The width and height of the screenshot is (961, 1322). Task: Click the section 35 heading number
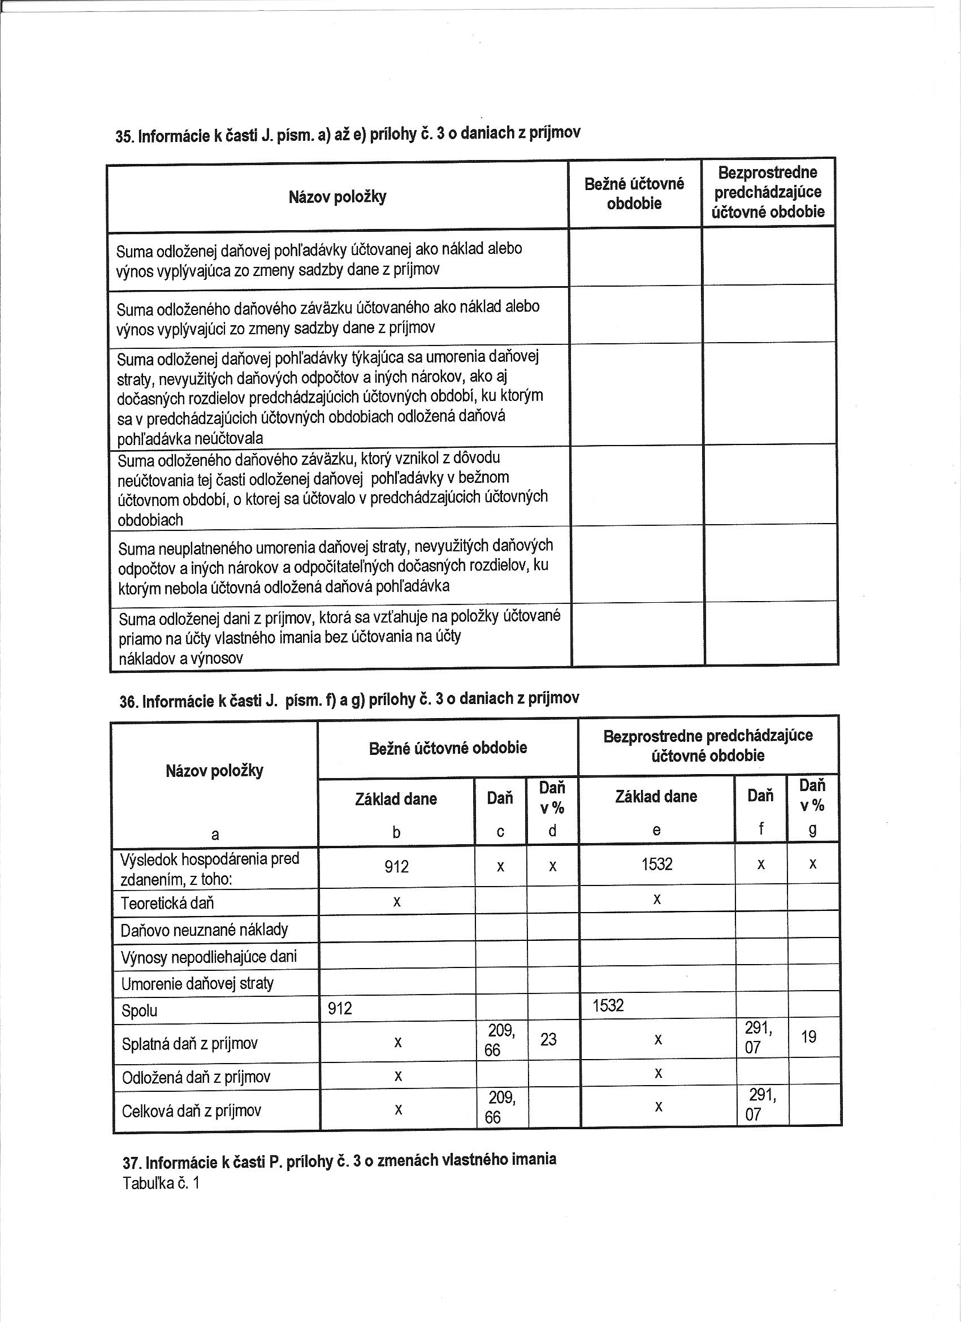[x=124, y=137]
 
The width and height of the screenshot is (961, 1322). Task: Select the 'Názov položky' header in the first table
[x=337, y=197]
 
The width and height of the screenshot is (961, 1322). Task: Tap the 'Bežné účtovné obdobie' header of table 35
[x=634, y=193]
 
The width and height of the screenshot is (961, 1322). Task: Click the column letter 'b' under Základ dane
[x=396, y=833]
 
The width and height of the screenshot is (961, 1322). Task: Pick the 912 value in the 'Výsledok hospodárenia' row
[x=396, y=867]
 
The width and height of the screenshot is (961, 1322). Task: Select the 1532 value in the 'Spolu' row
[x=608, y=1005]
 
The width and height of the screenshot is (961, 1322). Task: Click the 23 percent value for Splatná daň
[x=548, y=1039]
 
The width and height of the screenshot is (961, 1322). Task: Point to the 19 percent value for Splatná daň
[x=809, y=1037]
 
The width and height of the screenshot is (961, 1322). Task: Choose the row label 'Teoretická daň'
[x=167, y=904]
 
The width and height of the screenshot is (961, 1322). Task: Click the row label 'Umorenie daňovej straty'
[x=197, y=984]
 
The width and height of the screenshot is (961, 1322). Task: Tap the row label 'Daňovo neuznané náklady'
[x=204, y=930]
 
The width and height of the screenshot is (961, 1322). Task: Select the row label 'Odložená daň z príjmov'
[x=196, y=1077]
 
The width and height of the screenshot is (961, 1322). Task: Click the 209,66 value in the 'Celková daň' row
[x=501, y=1108]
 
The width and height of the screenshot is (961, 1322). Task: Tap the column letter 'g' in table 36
[x=813, y=830]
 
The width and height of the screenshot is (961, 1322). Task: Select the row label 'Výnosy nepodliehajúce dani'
[x=209, y=957]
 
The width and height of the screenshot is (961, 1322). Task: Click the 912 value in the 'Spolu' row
[x=340, y=1008]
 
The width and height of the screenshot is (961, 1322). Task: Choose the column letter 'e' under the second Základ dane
[x=656, y=831]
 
